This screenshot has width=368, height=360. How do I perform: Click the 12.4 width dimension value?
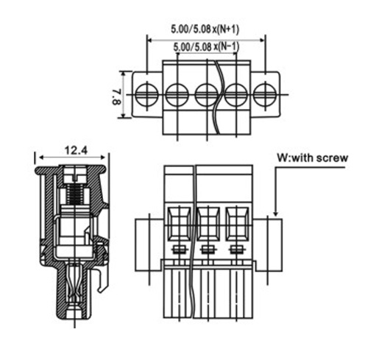76,150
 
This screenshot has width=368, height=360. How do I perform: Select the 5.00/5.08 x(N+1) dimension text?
205,29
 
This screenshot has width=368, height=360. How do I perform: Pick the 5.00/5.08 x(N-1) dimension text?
206,46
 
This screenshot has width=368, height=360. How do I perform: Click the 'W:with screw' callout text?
313,158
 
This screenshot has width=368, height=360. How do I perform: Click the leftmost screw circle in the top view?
147,94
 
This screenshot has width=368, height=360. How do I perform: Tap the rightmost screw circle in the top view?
265,94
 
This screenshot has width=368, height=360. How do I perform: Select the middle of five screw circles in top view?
207,94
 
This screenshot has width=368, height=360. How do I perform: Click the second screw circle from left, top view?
177,94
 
